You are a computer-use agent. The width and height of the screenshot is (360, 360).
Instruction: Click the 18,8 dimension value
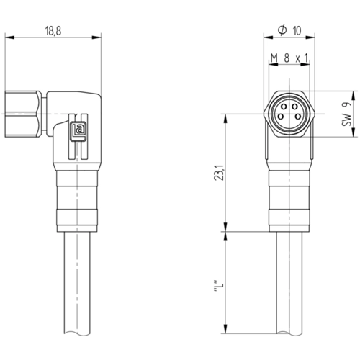tap(53, 31)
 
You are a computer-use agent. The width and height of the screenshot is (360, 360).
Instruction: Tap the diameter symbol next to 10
tap(282, 30)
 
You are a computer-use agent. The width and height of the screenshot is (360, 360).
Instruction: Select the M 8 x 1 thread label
tap(289, 58)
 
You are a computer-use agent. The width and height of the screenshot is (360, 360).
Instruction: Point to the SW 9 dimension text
tap(346, 114)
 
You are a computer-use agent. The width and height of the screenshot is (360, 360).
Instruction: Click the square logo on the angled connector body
tap(78, 131)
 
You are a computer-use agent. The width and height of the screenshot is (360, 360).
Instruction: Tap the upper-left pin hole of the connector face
tap(284, 107)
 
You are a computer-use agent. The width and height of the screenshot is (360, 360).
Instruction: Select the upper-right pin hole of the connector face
tap(294, 107)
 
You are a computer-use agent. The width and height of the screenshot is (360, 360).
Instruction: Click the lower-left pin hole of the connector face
tap(280, 117)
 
